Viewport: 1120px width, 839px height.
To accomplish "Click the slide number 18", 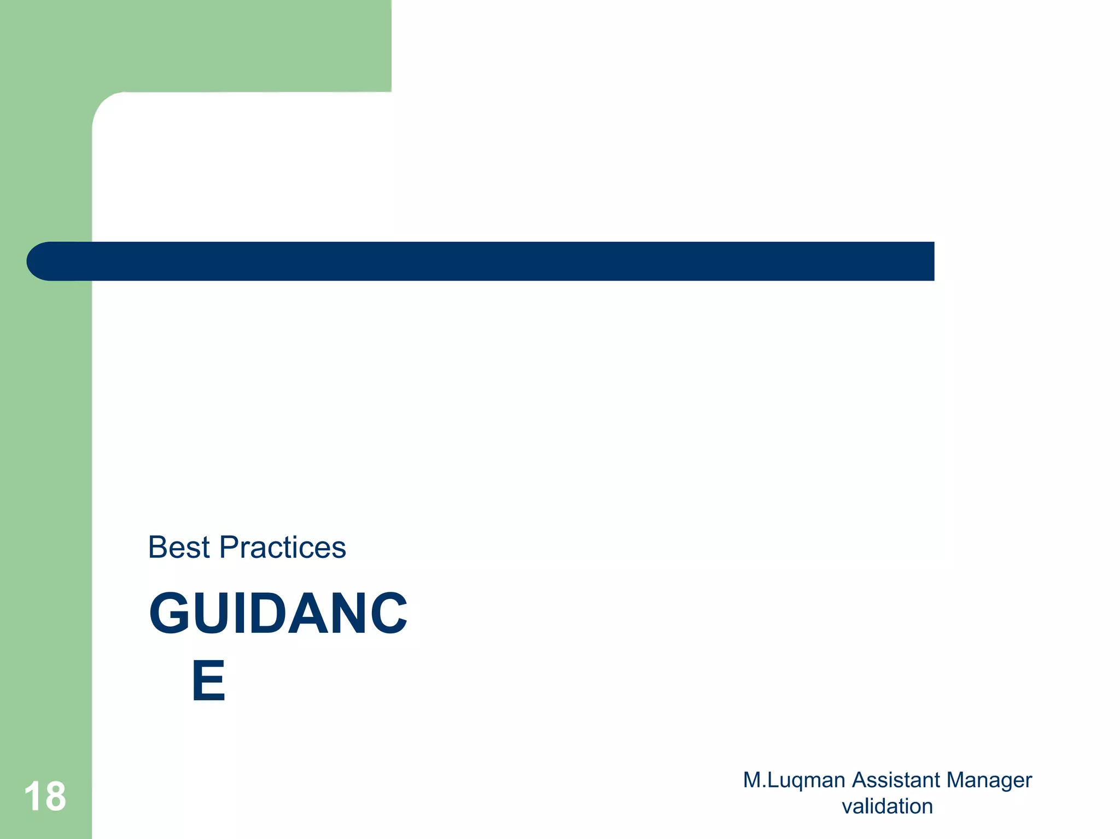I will (x=45, y=796).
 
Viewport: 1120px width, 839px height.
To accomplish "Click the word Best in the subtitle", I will (x=179, y=547).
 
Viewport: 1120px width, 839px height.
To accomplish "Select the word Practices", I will (x=283, y=547).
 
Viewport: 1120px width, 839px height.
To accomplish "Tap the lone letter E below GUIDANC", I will (x=208, y=681).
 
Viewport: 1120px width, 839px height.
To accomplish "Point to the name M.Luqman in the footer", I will (x=794, y=780).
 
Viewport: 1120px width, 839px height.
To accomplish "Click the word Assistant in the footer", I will (x=895, y=780).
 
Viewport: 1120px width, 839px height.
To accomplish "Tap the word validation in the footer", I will (x=887, y=807).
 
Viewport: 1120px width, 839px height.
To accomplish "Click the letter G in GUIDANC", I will (x=170, y=614).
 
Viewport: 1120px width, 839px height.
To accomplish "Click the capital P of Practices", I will (x=230, y=547).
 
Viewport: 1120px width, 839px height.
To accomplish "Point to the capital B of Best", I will (x=157, y=547).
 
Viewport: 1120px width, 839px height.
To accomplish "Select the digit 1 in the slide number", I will (x=32, y=796).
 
